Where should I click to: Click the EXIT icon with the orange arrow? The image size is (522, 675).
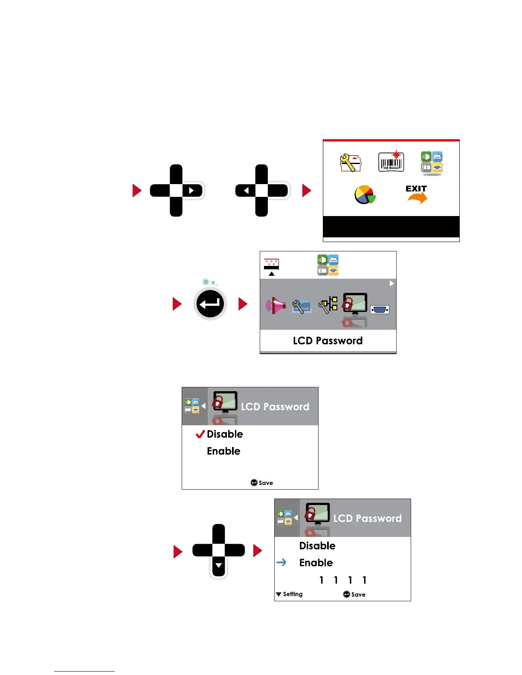416,194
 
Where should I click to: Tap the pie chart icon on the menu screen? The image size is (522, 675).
365,195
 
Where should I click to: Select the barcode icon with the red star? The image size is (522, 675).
391,162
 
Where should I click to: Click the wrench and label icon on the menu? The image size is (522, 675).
350,162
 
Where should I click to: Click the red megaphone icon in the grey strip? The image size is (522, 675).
275,306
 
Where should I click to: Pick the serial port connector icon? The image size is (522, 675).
380,310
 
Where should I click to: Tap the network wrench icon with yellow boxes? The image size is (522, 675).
328,305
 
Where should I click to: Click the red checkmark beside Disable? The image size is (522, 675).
200,434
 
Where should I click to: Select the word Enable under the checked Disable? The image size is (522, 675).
223,451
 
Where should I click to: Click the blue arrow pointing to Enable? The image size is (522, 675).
281,562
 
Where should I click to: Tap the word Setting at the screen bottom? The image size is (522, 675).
293,594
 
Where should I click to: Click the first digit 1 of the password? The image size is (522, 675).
322,580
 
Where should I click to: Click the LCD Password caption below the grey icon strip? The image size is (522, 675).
328,340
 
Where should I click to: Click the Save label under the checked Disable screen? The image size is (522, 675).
266,483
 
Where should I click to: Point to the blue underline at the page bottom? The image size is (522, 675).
84,671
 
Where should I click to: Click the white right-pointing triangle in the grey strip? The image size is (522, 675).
391,283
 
